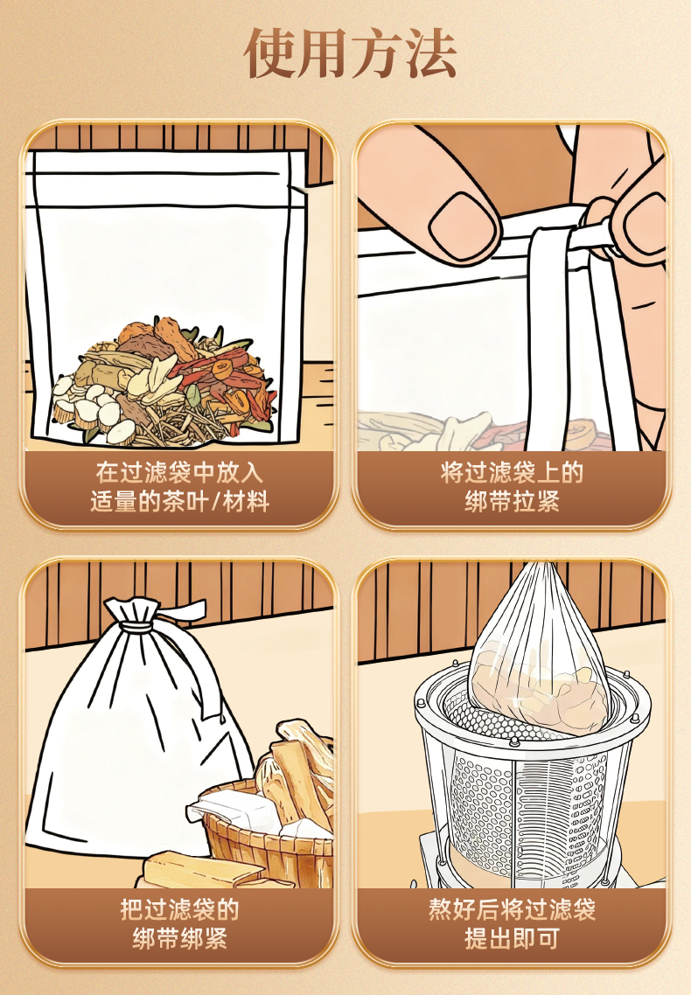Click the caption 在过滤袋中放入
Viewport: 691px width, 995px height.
click(x=179, y=473)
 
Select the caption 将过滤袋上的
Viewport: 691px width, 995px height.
click(x=512, y=473)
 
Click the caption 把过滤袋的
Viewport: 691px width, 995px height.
click(x=179, y=909)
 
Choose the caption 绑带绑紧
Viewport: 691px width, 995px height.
click(x=179, y=938)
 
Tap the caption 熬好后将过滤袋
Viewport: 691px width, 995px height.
click(x=512, y=909)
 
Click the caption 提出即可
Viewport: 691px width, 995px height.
click(x=512, y=938)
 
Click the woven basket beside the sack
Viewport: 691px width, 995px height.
click(x=267, y=838)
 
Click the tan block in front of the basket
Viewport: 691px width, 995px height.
click(x=200, y=869)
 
